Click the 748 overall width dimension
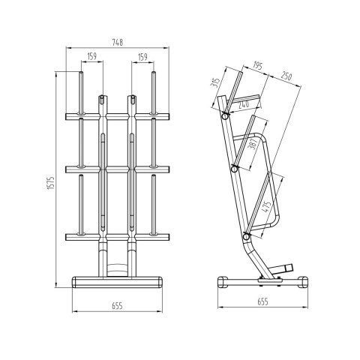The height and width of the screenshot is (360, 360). click(x=116, y=43)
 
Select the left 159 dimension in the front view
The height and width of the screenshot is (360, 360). click(x=91, y=56)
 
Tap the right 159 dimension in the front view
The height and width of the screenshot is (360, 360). click(x=142, y=56)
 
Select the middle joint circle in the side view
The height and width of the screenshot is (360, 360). click(x=235, y=169)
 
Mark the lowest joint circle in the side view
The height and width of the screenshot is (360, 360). click(x=245, y=236)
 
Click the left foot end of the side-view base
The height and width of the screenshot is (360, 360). click(x=223, y=282)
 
